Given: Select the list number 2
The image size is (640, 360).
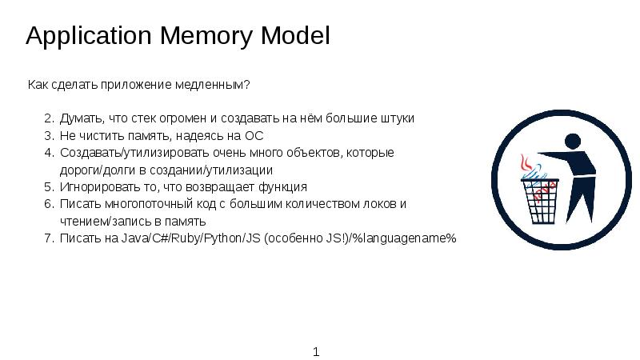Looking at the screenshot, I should pyautogui.click(x=48, y=118).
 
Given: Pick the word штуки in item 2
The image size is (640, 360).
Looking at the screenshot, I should pyautogui.click(x=396, y=118).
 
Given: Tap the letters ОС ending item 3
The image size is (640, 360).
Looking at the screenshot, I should pyautogui.click(x=254, y=136).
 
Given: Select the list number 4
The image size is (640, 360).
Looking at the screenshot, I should pyautogui.click(x=48, y=153).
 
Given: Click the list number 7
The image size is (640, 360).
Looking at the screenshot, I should pyautogui.click(x=48, y=238).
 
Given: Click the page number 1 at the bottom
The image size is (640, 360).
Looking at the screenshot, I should pyautogui.click(x=317, y=352).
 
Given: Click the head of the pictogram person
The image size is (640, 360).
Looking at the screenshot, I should pyautogui.click(x=571, y=142).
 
